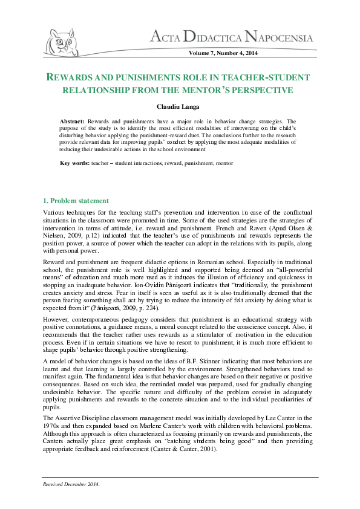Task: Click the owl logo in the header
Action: pyautogui.click(x=61, y=43)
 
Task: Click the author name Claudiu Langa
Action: pyautogui.click(x=180, y=106)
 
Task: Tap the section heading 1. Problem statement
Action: pyautogui.click(x=76, y=200)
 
